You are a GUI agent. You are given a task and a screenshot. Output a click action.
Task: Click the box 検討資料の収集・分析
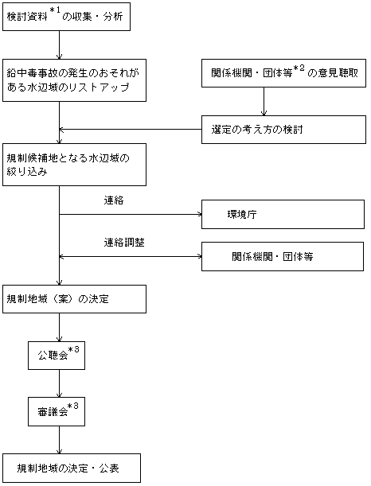click(66, 17)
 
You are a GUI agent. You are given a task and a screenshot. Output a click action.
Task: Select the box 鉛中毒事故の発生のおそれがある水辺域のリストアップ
click(75, 80)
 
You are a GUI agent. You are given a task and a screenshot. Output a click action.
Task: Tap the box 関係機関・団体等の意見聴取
click(284, 73)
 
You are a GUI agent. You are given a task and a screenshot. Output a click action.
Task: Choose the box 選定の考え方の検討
click(284, 130)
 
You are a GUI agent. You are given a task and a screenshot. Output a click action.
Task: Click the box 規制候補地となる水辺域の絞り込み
click(75, 165)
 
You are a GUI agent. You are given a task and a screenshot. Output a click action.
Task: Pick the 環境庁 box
click(283, 215)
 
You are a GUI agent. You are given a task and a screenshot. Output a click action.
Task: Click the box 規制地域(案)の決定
click(75, 299)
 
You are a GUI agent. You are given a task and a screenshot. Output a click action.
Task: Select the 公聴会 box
click(57, 356)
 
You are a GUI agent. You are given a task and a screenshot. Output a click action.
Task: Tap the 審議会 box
click(57, 411)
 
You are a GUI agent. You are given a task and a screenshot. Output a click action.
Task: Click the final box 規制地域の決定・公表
click(72, 468)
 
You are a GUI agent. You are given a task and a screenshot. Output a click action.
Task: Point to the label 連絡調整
click(124, 243)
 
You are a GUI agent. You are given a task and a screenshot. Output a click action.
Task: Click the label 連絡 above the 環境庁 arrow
click(114, 200)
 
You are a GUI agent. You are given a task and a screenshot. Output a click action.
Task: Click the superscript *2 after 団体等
click(299, 68)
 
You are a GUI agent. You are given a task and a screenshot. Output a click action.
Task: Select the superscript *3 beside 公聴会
click(73, 350)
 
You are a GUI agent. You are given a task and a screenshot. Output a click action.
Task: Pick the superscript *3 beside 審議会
click(73, 406)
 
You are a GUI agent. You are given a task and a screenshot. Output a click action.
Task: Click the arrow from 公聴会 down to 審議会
click(59, 383)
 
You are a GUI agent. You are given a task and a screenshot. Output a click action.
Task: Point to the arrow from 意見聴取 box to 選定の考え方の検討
click(264, 101)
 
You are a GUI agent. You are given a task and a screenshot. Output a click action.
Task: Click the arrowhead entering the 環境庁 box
click(200, 214)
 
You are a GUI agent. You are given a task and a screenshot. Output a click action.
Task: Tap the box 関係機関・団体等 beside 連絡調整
click(283, 257)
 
